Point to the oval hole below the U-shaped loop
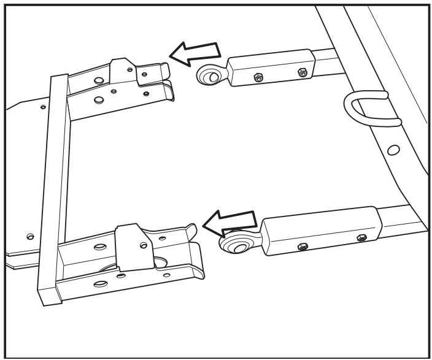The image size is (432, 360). [x=393, y=149]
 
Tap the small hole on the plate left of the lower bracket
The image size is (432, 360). [x=29, y=235]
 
